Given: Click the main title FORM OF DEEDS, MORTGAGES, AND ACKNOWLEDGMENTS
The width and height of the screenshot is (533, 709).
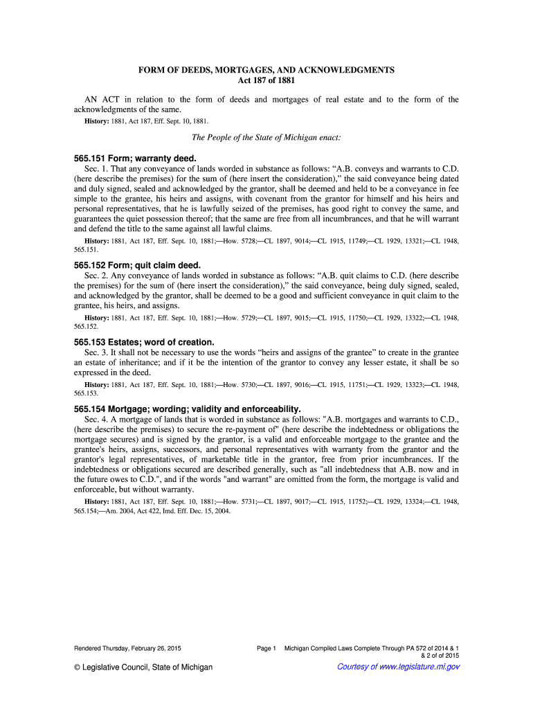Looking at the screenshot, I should pyautogui.click(x=266, y=71).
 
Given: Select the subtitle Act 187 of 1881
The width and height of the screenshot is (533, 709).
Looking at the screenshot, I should pyautogui.click(x=266, y=80).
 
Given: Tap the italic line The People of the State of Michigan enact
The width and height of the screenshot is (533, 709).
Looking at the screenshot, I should pyautogui.click(x=266, y=137).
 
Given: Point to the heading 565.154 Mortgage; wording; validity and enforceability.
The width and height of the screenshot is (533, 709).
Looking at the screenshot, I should pyautogui.click(x=187, y=409).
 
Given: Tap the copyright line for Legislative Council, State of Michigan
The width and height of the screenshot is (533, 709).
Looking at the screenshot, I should pyautogui.click(x=143, y=667).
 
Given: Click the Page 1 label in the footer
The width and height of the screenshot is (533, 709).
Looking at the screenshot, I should pyautogui.click(x=266, y=648).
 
